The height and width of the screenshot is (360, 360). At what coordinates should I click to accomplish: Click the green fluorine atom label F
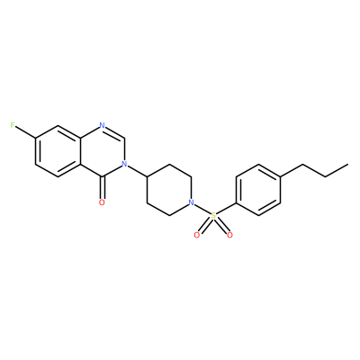pos(13,125)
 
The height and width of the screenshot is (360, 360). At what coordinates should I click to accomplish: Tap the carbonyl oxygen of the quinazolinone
pos(102,202)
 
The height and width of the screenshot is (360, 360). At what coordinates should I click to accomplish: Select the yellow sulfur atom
pos(213,215)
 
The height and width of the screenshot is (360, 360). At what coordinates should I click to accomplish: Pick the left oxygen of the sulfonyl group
pos(197,235)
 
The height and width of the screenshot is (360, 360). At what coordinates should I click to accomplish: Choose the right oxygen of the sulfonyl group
pos(229,235)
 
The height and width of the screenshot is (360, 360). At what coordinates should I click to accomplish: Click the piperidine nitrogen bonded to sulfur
pos(191,202)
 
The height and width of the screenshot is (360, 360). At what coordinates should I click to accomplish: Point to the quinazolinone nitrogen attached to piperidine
pos(124,164)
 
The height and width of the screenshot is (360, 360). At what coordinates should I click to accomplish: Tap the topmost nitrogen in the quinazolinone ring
pos(102,125)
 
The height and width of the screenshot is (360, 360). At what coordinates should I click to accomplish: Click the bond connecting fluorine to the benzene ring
pos(25,132)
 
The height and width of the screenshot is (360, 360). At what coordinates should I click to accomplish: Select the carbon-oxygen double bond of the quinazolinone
pos(102,187)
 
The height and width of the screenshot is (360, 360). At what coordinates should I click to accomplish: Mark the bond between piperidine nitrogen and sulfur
pos(202,209)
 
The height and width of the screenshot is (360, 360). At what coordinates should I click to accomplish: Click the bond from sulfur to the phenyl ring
pos(227,208)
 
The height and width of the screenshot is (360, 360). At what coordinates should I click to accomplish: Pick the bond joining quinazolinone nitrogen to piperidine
pos(138,171)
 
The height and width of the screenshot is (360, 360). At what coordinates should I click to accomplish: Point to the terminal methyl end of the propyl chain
pos(348,164)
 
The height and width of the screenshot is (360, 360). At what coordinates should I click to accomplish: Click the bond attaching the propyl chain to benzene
pos(292,170)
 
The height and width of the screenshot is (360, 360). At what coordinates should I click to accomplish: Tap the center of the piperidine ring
pos(169,190)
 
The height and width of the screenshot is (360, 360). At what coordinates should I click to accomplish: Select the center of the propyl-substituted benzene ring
pos(258,190)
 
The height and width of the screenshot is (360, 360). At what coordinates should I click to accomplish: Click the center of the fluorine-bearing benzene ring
pos(58,151)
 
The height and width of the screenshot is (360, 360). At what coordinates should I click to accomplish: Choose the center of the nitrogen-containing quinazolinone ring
pos(103,151)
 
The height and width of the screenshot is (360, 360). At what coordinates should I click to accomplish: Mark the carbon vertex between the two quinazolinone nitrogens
pos(124,139)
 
